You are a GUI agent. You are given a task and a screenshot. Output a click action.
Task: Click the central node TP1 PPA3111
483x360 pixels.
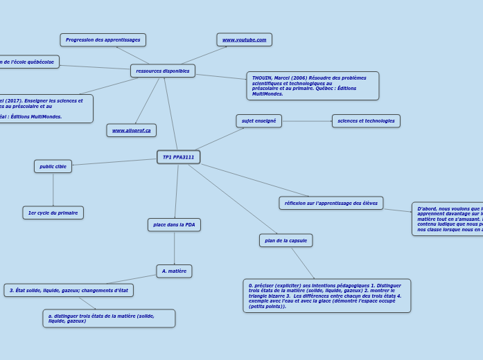(178, 157)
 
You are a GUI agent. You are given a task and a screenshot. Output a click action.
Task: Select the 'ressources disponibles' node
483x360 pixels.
(163, 71)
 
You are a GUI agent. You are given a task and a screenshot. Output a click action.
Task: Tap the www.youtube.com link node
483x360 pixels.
(244, 39)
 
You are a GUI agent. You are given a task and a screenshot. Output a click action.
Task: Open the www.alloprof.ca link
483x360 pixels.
(131, 130)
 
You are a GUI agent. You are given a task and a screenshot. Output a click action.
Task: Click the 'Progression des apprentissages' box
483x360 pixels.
(103, 39)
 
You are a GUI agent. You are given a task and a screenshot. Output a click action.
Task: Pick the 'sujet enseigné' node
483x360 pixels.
(258, 121)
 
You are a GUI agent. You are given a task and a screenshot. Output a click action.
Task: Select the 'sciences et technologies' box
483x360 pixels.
(366, 121)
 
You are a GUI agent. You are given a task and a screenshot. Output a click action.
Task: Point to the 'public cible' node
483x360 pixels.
(53, 166)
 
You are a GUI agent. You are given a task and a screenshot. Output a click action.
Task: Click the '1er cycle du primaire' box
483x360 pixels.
(53, 213)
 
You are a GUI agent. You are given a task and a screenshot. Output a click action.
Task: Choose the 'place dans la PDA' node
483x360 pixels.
(174, 224)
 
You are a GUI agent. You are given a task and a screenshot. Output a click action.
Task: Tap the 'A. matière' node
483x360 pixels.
(174, 271)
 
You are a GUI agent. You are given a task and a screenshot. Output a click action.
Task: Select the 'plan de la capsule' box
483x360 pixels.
(286, 240)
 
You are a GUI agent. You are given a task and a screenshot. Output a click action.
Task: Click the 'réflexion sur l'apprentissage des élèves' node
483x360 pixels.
(331, 203)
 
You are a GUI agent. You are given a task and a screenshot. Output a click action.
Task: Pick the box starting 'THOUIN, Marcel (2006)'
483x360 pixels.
(313, 86)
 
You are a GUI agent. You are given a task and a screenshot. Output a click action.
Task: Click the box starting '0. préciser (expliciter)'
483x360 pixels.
(326, 296)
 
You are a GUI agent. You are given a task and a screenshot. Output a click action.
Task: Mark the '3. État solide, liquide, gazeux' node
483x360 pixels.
(69, 290)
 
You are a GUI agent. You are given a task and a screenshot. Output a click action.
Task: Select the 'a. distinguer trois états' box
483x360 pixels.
(109, 318)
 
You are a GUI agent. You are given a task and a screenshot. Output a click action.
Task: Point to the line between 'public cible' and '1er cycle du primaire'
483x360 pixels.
(53, 189)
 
